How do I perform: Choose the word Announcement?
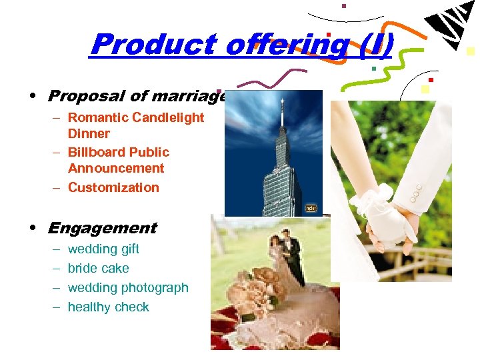[x=116, y=169]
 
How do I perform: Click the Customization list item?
[x=113, y=188]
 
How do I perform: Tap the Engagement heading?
[x=101, y=228]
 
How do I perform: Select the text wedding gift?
[x=103, y=249]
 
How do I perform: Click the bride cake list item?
[x=99, y=269]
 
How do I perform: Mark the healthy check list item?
[x=109, y=307]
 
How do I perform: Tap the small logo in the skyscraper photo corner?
[x=311, y=208]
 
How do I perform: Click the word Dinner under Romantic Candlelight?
[x=89, y=134]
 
